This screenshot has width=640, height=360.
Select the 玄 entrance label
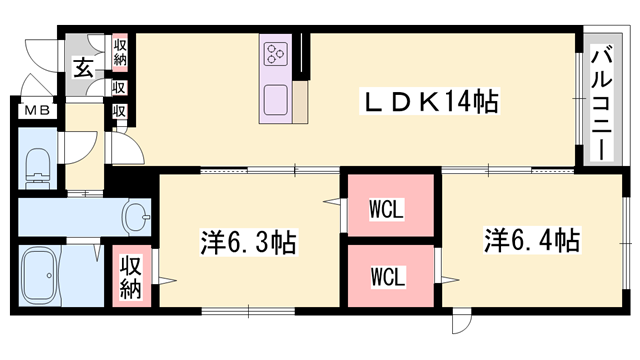[82, 70]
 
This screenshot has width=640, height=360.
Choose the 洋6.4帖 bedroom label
[533, 241]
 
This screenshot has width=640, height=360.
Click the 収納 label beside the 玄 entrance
[119, 51]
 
